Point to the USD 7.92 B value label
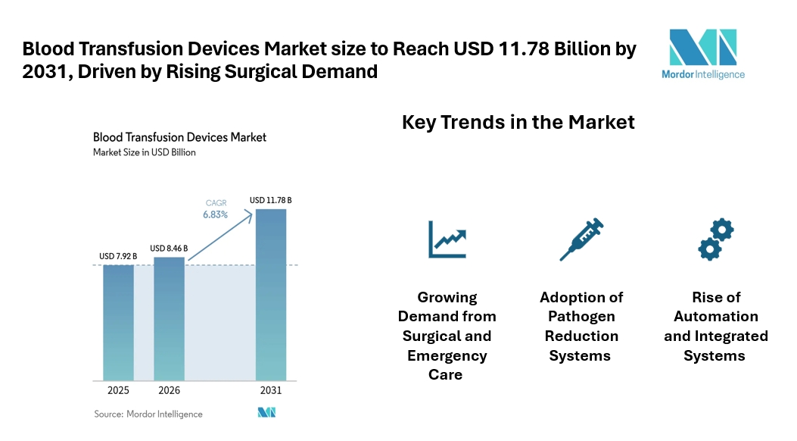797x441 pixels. click(x=118, y=257)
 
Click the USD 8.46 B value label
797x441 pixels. click(x=169, y=248)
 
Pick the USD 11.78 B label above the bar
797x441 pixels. click(x=271, y=200)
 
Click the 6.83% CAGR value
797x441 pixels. click(x=215, y=215)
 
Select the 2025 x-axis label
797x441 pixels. click(x=118, y=391)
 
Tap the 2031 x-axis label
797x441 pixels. click(x=271, y=391)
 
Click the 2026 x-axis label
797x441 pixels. click(x=169, y=391)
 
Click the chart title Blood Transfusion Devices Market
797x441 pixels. click(x=179, y=137)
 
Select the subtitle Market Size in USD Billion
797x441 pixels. click(x=144, y=152)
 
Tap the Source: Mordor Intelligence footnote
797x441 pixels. click(x=148, y=414)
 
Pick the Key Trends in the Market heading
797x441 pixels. click(x=518, y=122)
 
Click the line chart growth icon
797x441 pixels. click(x=447, y=239)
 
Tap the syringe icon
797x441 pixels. click(x=581, y=239)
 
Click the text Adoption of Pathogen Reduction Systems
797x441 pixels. click(x=582, y=326)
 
